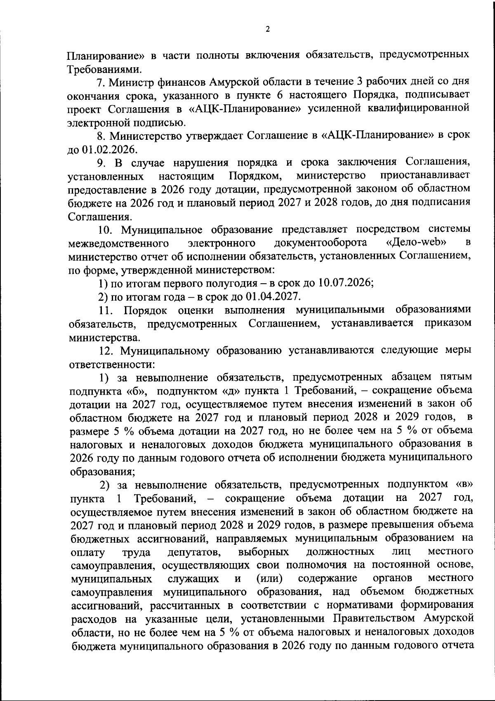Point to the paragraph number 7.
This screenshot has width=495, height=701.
point(100,82)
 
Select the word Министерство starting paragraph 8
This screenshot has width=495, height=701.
point(149,135)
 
